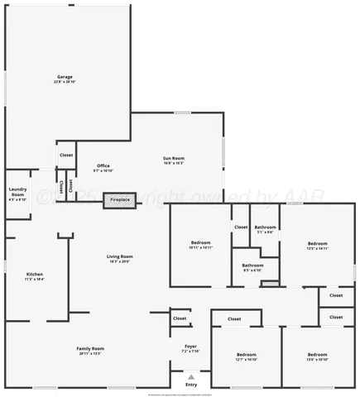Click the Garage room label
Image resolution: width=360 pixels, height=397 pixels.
[x=65, y=79]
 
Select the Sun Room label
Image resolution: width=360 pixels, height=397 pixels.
[x=173, y=160]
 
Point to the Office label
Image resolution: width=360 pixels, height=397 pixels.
[x=103, y=168]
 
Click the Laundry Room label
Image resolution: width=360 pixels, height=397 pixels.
[x=17, y=196]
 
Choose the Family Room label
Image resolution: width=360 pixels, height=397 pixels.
[x=89, y=351]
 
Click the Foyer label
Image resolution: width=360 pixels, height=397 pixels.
[x=190, y=348]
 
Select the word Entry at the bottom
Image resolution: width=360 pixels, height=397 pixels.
[x=191, y=385]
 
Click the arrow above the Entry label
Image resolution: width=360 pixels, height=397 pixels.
[x=191, y=376]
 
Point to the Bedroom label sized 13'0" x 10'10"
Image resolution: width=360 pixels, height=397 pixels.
[x=318, y=356]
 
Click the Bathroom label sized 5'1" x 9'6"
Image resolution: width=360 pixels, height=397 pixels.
[x=265, y=229]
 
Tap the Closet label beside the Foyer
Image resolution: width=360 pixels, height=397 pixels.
[x=180, y=318]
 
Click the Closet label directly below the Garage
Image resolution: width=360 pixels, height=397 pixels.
[x=66, y=155]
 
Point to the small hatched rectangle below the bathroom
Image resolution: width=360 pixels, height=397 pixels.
[x=270, y=284]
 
